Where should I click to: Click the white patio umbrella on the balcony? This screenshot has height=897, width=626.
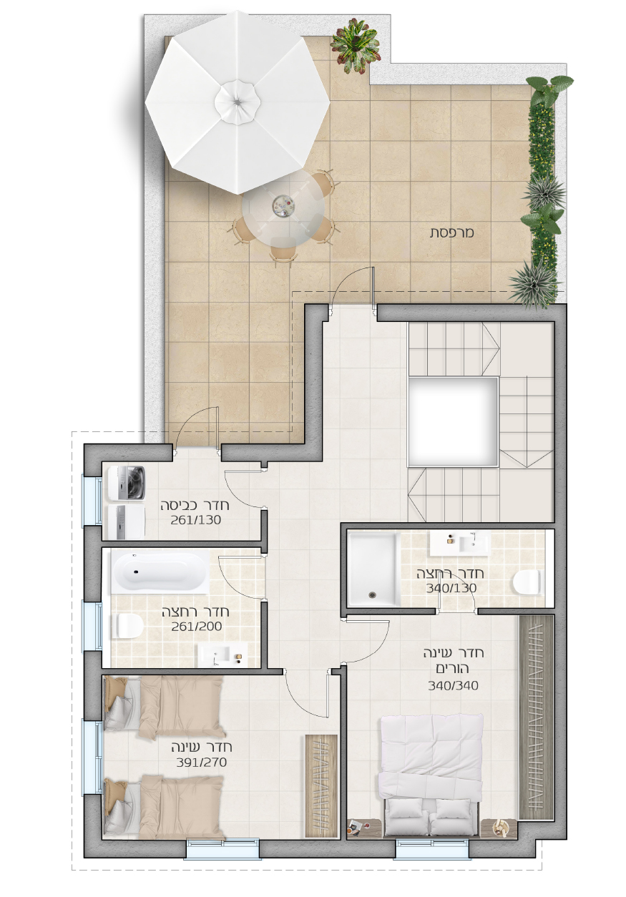coord(238,102)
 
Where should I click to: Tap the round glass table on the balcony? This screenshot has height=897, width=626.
coord(283,209)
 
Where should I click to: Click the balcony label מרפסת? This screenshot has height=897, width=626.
coord(452,232)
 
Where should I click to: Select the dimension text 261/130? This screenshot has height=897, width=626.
coord(196,520)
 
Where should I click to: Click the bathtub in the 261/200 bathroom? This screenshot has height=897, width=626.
coord(160,573)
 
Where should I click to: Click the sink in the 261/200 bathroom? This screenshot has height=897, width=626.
coord(222,655)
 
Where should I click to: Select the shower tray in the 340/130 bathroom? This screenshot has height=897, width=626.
coord(373,569)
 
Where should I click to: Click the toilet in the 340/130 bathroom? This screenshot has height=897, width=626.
coord(527,582)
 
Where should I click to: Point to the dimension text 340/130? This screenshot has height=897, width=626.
coord(451,588)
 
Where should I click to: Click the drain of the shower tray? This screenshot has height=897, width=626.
coord(373,595)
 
